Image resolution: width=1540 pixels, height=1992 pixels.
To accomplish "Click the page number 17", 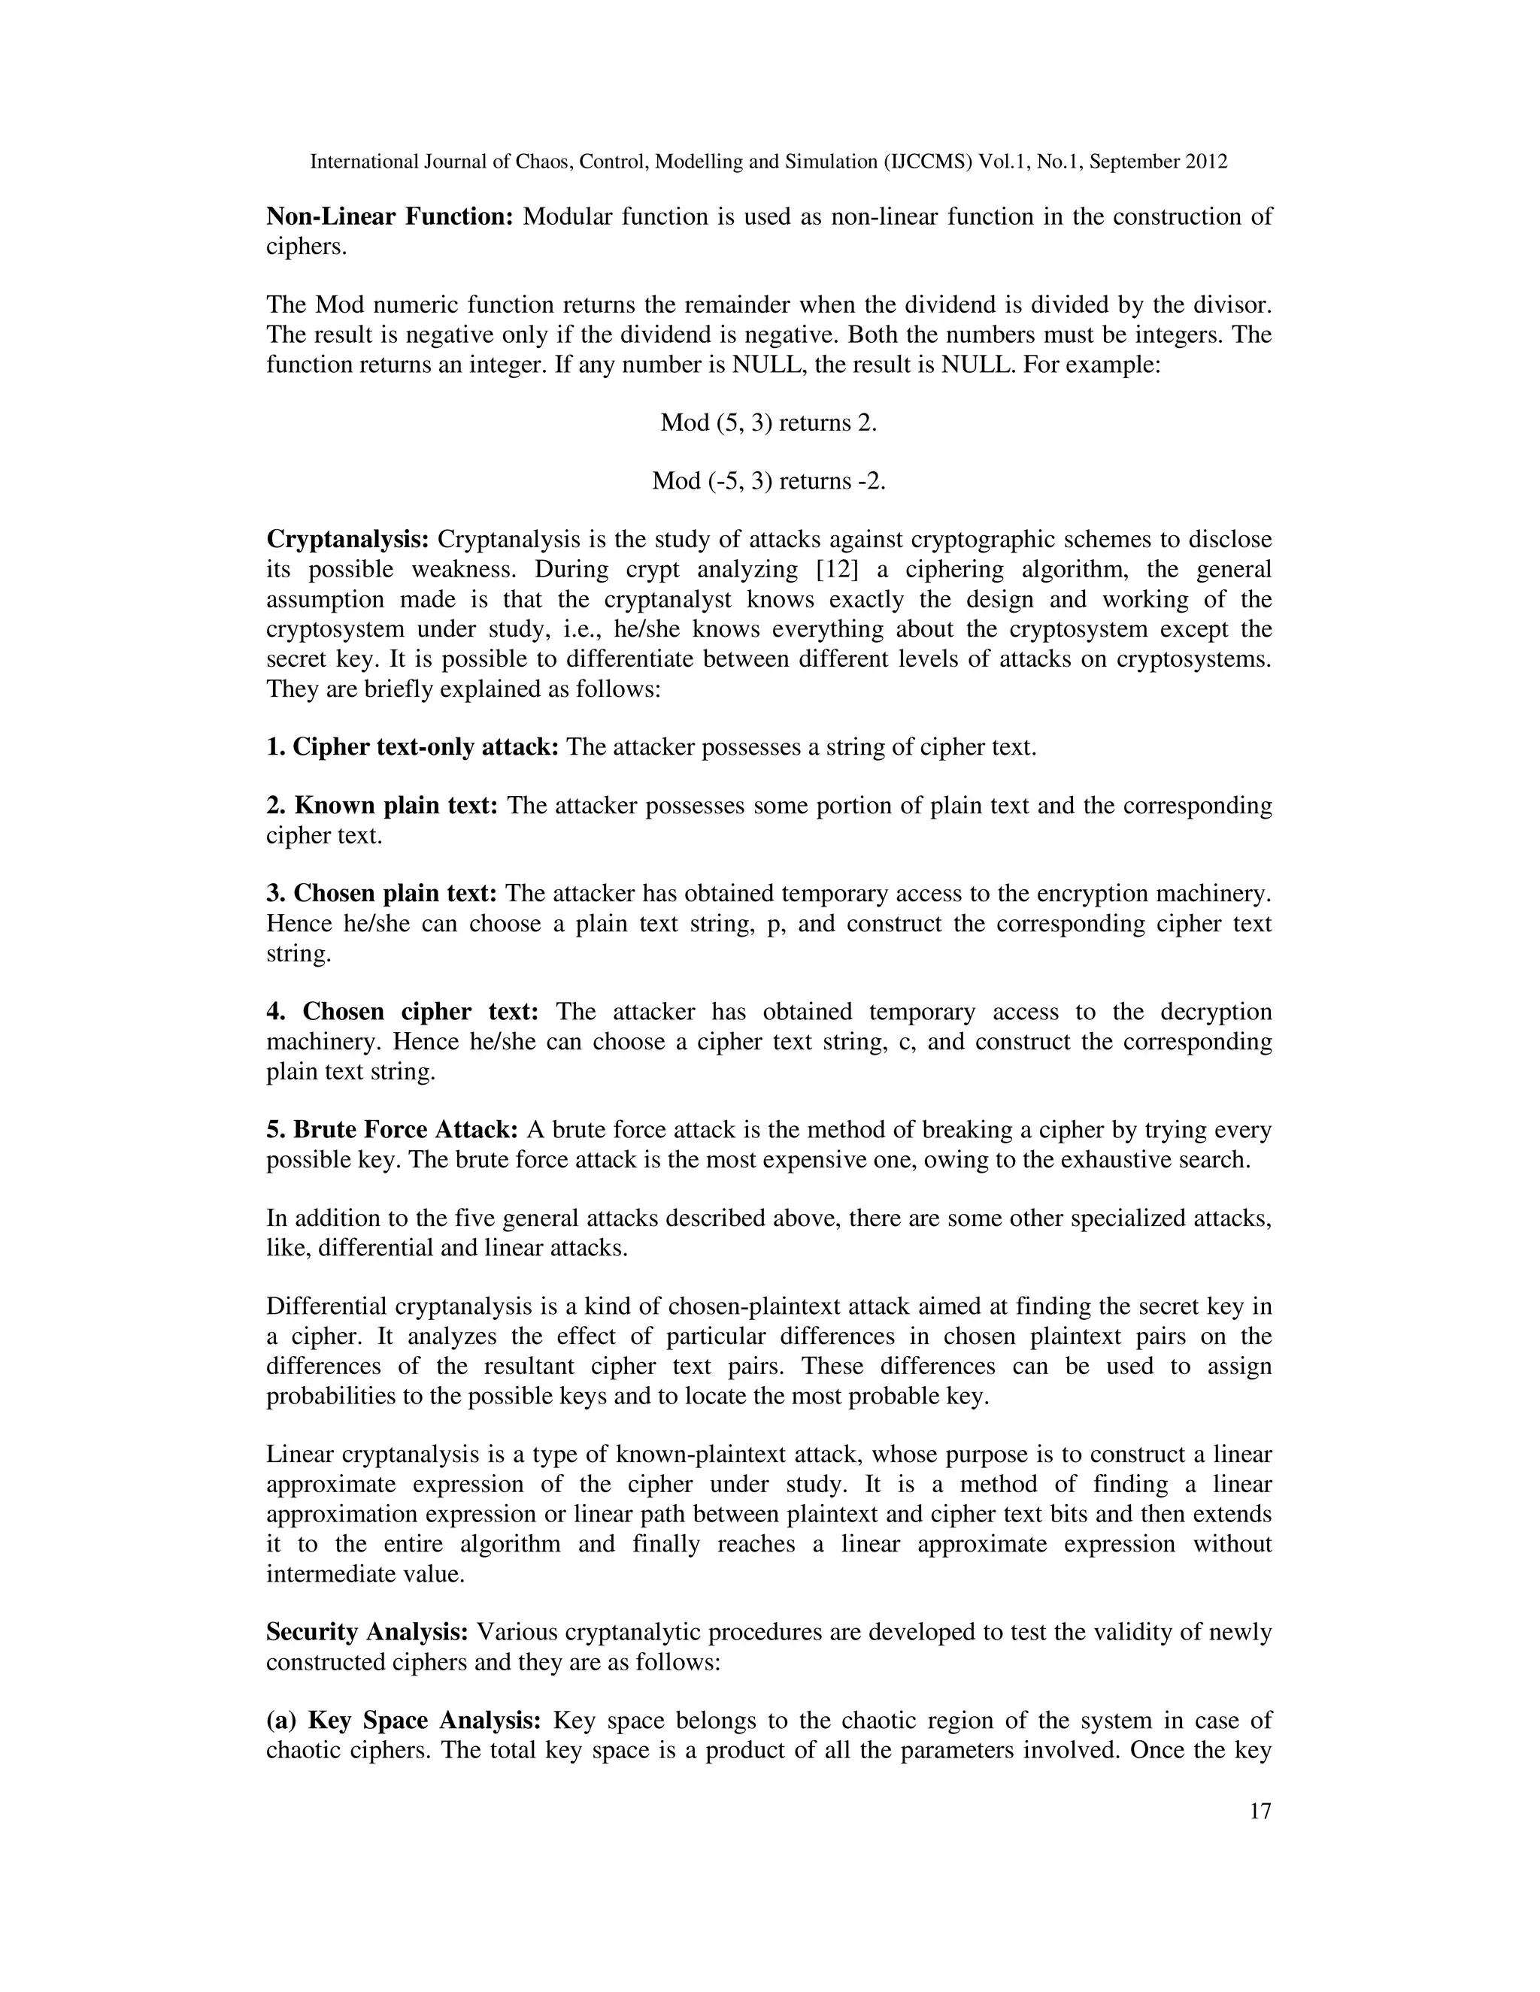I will click(x=1259, y=1812).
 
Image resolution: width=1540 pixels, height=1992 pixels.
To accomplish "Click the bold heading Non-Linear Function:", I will click(x=390, y=217).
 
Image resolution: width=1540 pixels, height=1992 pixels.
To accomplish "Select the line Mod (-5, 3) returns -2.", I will click(x=768, y=480).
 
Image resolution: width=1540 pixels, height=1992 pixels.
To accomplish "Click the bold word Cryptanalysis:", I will click(x=347, y=540).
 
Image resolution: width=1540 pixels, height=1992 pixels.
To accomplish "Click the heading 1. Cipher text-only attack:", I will click(x=412, y=748).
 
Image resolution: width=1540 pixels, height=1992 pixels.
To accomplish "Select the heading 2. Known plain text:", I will click(x=381, y=807).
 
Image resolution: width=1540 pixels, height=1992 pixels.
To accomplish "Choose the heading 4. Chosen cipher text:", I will click(x=402, y=1012).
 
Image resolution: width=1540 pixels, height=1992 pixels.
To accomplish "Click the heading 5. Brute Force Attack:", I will click(x=393, y=1130).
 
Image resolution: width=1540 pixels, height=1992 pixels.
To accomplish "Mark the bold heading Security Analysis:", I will click(x=367, y=1632).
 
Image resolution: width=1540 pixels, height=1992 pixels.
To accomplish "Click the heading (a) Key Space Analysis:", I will click(x=404, y=1720).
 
